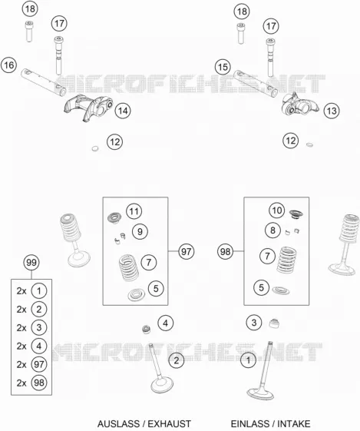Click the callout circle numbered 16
click(8, 65)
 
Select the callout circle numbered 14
click(123, 111)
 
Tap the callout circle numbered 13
click(332, 111)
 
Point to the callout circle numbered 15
click(223, 67)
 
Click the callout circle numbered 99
click(31, 262)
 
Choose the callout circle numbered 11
click(134, 211)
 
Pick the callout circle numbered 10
click(276, 211)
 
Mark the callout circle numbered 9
click(140, 231)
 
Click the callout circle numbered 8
click(272, 230)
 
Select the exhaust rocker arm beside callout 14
click(88, 108)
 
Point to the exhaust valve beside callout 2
click(160, 368)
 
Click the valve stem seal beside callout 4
click(147, 329)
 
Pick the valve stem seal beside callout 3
click(274, 323)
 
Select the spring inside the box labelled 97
click(129, 267)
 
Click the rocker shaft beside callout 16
click(44, 82)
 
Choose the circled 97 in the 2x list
click(39, 364)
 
